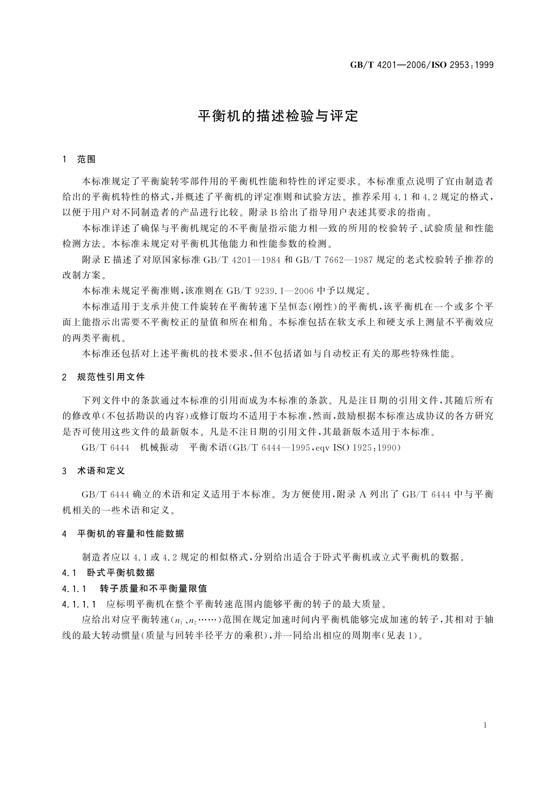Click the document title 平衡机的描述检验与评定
[278, 116]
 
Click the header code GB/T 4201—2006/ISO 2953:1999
[422, 65]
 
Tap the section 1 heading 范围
[86, 160]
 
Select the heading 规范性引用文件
[111, 377]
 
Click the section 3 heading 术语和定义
[101, 471]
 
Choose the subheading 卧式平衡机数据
[121, 572]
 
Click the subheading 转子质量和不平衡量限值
[154, 588]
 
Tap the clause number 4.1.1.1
[79, 604]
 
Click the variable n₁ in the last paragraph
[178, 620]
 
